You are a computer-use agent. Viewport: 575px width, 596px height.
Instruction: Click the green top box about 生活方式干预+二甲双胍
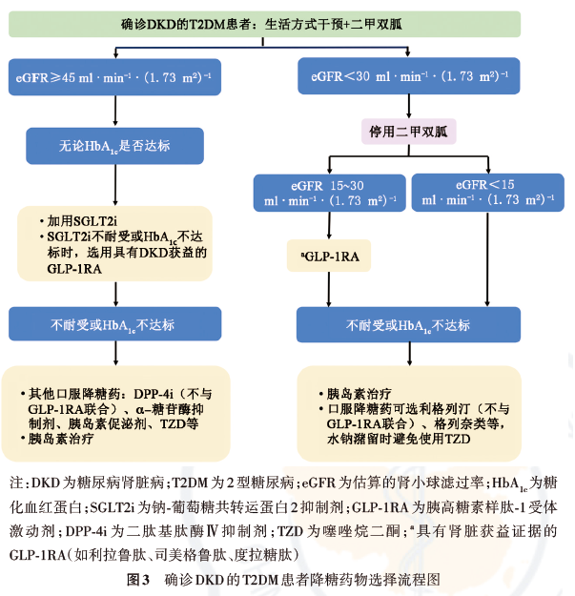[x=264, y=24]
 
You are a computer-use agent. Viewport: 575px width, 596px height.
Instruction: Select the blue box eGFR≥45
[x=114, y=77]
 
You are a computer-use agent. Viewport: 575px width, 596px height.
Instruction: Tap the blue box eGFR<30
[x=409, y=76]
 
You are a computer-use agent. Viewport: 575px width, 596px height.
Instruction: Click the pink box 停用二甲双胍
[x=408, y=132]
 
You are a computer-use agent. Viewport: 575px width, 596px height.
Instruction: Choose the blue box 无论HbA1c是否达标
[x=114, y=146]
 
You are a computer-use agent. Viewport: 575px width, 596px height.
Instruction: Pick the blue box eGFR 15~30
[x=330, y=193]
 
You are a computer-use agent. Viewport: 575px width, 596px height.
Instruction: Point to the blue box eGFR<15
[x=488, y=193]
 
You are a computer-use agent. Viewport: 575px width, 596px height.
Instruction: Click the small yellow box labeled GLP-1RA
[x=329, y=256]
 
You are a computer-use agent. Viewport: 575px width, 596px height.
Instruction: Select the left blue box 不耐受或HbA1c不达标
[x=115, y=324]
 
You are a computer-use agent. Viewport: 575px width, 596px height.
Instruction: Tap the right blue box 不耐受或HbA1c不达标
[x=408, y=325]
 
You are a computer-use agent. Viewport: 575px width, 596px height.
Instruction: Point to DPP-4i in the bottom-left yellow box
[x=154, y=394]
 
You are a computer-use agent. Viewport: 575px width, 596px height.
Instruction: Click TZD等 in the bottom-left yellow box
[x=179, y=423]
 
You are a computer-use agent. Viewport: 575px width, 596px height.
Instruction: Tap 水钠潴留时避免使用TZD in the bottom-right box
[x=399, y=439]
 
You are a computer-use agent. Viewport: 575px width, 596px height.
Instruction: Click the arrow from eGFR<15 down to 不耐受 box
[x=487, y=258]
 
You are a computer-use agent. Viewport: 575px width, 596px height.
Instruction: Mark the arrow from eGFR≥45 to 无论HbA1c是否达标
[x=115, y=111]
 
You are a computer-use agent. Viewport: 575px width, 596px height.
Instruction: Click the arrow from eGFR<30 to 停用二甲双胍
[x=409, y=107]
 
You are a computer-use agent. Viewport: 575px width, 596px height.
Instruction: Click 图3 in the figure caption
[x=138, y=580]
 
